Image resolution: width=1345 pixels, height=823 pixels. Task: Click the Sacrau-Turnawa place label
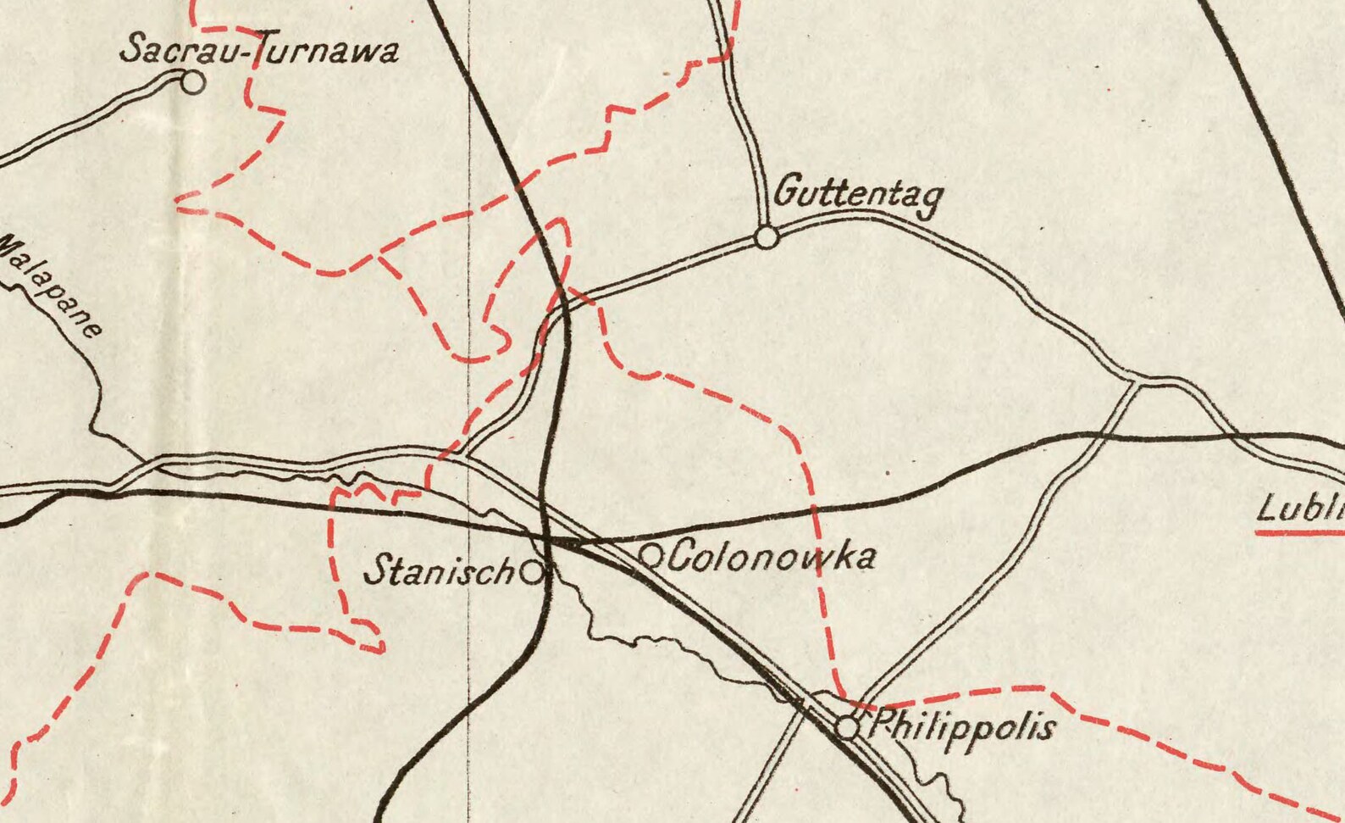point(258,49)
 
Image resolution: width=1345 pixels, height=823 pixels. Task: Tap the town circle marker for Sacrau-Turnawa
point(194,83)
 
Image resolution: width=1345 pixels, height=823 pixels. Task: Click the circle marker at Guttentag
point(767,238)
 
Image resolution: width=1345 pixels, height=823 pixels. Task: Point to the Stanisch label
point(438,570)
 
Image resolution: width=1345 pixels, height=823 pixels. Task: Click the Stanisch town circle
point(531,573)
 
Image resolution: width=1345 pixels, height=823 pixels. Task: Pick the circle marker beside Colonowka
point(650,556)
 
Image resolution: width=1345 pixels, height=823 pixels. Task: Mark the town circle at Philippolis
point(847,727)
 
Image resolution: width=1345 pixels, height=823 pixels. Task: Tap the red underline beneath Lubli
point(1300,533)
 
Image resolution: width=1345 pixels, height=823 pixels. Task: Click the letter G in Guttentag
point(787,190)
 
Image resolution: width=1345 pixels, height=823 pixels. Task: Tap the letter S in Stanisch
point(376,570)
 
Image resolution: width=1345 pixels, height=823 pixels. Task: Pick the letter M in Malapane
point(10,247)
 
